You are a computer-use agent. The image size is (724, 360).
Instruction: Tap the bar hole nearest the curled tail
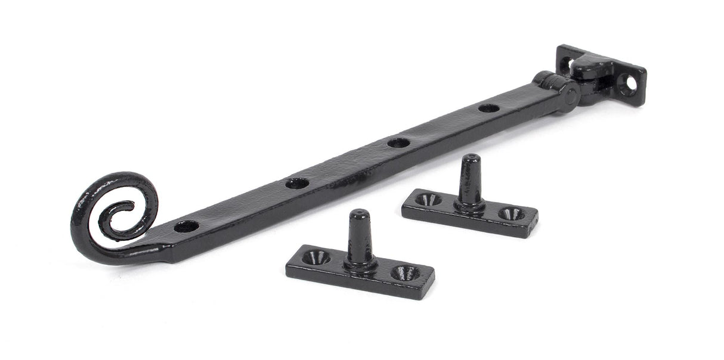[186, 226]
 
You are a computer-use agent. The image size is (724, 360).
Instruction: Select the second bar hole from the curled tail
[296, 183]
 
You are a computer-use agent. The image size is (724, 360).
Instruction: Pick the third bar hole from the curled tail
[398, 142]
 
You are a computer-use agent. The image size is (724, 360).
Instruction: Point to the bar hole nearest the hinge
[488, 108]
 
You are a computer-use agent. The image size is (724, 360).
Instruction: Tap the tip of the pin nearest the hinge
[471, 159]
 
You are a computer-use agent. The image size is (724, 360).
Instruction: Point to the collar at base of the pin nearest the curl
[360, 263]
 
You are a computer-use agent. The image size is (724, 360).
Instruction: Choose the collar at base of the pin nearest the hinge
[469, 206]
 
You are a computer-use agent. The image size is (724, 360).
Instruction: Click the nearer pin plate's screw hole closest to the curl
[316, 257]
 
